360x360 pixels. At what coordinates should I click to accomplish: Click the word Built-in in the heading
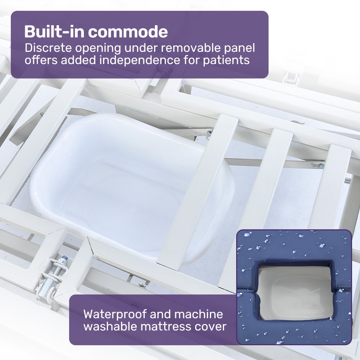point(54,32)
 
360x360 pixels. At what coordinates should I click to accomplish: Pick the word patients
point(226,60)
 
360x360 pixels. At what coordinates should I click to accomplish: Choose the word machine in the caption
point(199,314)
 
